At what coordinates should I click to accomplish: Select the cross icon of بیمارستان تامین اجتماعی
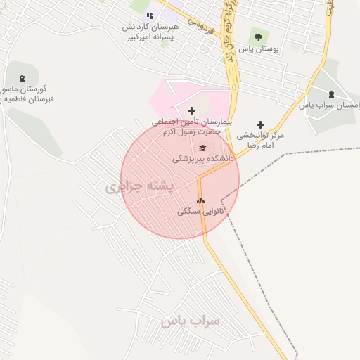[x=191, y=110]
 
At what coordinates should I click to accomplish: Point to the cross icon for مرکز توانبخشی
[x=260, y=124]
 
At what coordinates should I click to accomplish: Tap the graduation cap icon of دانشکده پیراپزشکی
[x=203, y=148]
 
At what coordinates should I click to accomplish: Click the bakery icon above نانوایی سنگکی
[x=200, y=200]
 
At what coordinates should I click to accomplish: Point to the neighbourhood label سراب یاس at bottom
[x=190, y=321]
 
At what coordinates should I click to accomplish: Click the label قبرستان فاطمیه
[x=28, y=100]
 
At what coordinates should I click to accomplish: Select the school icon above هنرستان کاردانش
[x=149, y=15]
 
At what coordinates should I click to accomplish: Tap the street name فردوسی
[x=199, y=26]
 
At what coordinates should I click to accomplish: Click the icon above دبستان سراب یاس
[x=330, y=94]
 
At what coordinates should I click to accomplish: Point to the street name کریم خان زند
[x=228, y=35]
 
